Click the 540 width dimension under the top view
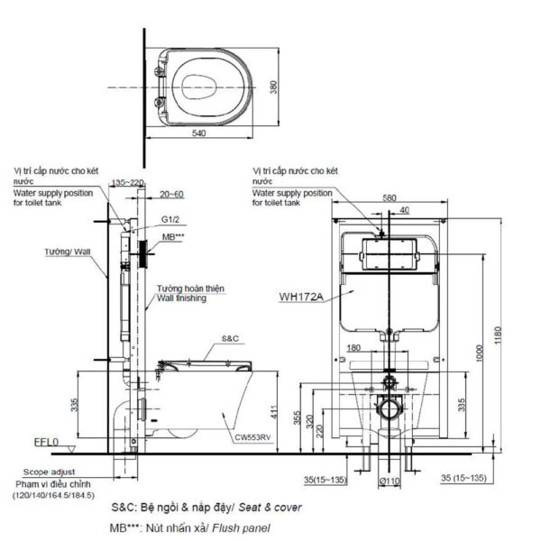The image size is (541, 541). tap(199, 133)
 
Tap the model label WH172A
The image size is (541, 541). tap(301, 293)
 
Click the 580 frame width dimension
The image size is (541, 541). tap(389, 197)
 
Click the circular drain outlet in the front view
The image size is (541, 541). tap(390, 409)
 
